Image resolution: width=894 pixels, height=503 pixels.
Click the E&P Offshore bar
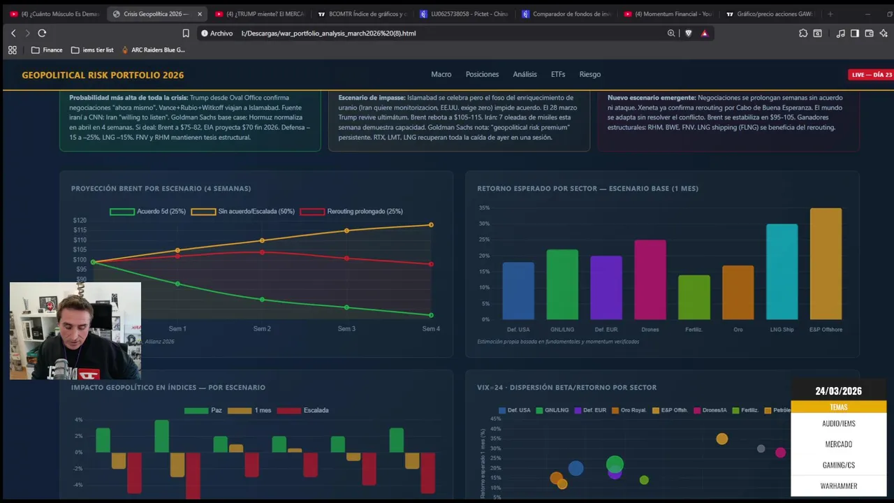pos(825,264)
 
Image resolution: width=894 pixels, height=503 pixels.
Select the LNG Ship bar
pos(782,272)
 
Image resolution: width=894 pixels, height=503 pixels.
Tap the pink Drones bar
pos(650,279)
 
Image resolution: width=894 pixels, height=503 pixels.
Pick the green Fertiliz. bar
pos(694,298)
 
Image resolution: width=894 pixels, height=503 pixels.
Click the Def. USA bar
pos(518,291)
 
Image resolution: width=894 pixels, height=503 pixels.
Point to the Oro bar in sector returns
pos(738,293)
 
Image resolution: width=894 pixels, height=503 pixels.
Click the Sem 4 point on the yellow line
pos(431,225)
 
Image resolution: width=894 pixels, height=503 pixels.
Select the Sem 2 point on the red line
pos(262,252)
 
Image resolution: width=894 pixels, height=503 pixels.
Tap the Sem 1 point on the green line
pos(177,284)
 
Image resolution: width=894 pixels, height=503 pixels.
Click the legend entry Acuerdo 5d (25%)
pos(147,212)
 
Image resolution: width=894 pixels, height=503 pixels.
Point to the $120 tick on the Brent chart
pos(80,221)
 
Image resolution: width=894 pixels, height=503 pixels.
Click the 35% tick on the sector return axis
pos(484,208)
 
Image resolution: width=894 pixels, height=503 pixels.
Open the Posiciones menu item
pos(482,75)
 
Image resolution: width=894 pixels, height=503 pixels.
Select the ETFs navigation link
pos(557,75)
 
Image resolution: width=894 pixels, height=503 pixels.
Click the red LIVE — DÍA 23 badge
pos(871,75)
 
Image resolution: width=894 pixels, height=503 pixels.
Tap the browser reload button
pos(42,33)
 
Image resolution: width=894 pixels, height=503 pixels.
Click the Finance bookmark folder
pos(47,50)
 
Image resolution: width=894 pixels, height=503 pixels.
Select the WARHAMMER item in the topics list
pos(838,486)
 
